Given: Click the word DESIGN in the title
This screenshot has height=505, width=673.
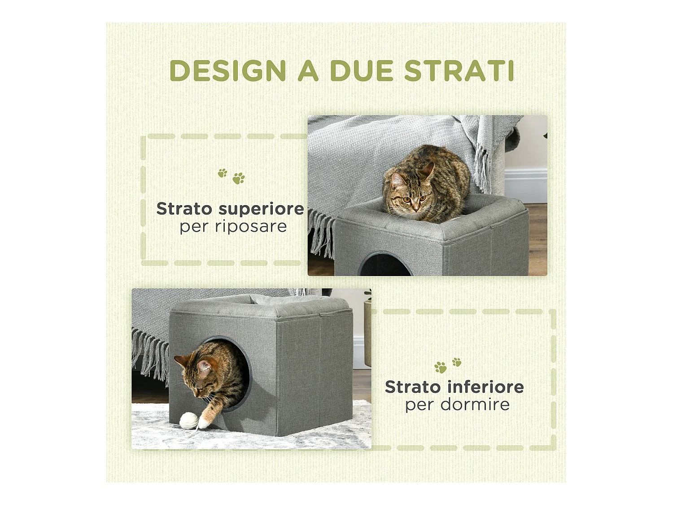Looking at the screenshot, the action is [228, 70].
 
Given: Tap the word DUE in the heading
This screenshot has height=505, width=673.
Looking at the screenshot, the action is [362, 70].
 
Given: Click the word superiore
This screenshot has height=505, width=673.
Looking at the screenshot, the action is [261, 210].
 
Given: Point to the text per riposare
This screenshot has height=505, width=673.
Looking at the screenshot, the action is [233, 227].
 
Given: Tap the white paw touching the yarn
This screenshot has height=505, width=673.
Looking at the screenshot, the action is [203, 422].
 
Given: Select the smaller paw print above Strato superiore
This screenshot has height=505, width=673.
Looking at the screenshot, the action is [223, 173].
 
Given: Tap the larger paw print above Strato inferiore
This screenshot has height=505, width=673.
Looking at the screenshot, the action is [441, 367].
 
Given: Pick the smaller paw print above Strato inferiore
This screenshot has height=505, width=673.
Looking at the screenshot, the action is [457, 362].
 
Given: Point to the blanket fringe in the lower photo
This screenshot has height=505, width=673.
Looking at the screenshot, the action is [150, 353].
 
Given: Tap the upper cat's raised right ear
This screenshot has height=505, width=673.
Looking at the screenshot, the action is [428, 171].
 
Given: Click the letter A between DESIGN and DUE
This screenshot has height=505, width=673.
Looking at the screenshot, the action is [308, 70].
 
